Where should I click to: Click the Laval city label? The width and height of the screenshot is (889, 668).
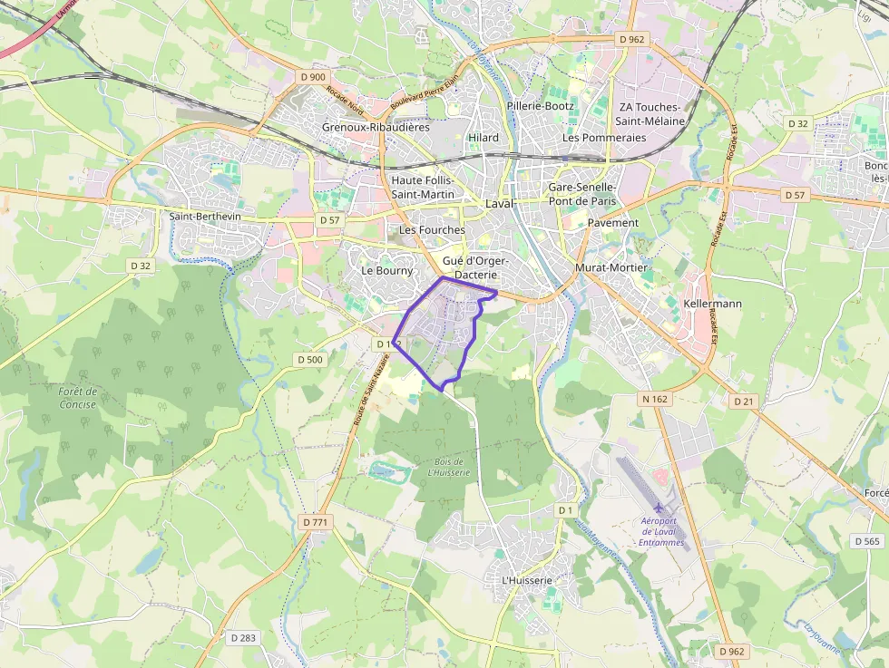tap(500, 203)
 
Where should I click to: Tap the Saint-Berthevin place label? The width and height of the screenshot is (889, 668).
tap(204, 216)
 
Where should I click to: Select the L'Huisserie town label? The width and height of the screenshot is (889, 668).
tap(526, 580)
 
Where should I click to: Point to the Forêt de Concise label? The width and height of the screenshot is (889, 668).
tap(78, 398)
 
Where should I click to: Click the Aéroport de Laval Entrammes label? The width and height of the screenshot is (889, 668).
tap(660, 531)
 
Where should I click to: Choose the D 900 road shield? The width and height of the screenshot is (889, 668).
tap(312, 77)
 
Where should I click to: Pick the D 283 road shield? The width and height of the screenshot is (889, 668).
tap(243, 638)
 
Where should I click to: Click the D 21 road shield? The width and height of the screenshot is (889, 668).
tap(744, 401)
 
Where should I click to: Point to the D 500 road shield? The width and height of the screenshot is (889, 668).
tap(309, 360)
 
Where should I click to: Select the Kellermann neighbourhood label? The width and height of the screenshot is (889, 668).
tap(713, 304)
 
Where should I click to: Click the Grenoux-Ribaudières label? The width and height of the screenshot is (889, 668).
tap(376, 128)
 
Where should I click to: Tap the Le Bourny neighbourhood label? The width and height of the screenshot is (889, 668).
tap(386, 270)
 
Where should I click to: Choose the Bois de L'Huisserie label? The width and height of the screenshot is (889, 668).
tap(449, 467)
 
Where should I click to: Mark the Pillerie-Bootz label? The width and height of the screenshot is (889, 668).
tap(541, 106)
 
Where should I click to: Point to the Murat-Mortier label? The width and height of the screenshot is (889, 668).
tap(611, 267)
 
